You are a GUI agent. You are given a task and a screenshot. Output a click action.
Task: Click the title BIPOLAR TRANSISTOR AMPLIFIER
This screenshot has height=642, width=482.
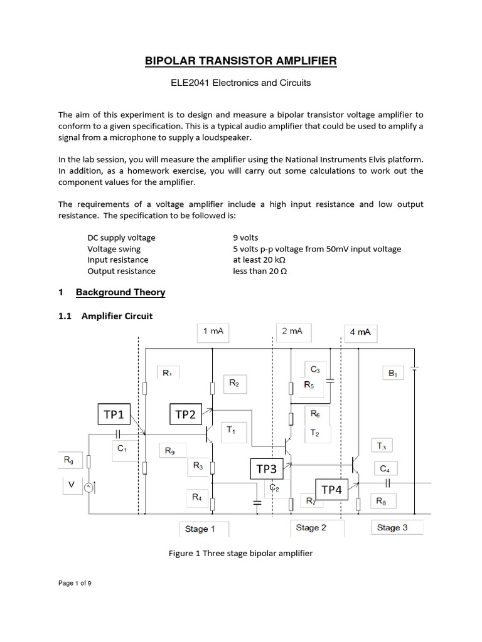pyautogui.click(x=241, y=60)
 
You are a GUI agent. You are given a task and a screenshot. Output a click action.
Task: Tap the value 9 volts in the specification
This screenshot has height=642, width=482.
pyautogui.click(x=245, y=238)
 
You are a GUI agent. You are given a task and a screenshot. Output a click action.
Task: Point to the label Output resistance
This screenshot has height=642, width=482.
pyautogui.click(x=121, y=271)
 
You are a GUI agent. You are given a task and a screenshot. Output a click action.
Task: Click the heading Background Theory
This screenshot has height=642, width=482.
pyautogui.click(x=120, y=292)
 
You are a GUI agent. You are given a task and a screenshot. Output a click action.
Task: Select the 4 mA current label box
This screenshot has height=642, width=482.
pyautogui.click(x=360, y=332)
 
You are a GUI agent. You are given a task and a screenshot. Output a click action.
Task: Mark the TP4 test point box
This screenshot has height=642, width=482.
pyautogui.click(x=331, y=490)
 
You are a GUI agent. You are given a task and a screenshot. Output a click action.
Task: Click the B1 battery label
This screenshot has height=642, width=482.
pyautogui.click(x=393, y=374)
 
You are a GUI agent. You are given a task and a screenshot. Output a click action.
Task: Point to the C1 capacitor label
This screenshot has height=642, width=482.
pyautogui.click(x=122, y=449)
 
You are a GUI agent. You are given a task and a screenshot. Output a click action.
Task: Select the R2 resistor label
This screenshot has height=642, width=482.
pyautogui.click(x=233, y=383)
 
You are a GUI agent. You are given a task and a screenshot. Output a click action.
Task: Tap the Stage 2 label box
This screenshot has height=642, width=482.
pyautogui.click(x=311, y=528)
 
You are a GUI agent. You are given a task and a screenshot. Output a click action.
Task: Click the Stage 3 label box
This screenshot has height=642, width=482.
pyautogui.click(x=392, y=528)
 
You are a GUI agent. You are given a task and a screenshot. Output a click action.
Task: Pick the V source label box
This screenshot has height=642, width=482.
pyautogui.click(x=71, y=484)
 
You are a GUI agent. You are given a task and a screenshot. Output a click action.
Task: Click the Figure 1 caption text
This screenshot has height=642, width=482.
pyautogui.click(x=240, y=554)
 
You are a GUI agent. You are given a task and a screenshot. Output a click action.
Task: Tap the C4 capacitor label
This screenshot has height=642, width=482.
pyautogui.click(x=383, y=468)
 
